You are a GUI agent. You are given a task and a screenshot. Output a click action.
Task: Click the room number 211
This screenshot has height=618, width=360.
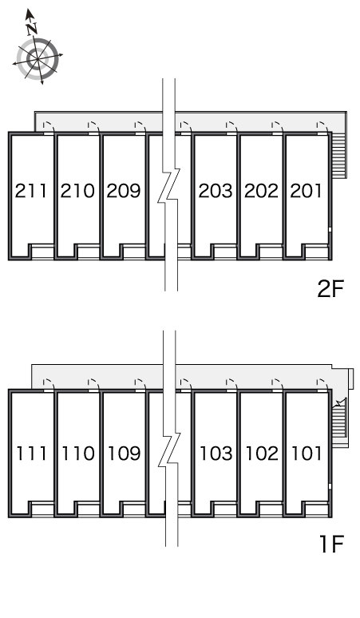(x=31, y=191)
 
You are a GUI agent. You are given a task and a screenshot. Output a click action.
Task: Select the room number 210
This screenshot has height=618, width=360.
(x=77, y=191)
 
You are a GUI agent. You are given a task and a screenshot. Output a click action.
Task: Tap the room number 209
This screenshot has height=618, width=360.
(x=124, y=191)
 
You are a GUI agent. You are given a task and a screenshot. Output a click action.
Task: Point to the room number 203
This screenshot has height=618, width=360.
(x=216, y=191)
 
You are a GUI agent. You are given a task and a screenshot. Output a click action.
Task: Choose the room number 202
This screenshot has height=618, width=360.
(x=261, y=191)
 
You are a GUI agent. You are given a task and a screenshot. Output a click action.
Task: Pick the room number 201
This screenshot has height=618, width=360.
(x=306, y=191)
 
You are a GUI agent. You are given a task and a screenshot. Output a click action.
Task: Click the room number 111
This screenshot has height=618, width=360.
(x=31, y=454)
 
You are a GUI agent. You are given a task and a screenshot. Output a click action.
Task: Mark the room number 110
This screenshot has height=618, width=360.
(x=78, y=454)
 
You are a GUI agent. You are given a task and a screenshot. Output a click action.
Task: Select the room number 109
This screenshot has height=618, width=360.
(x=124, y=454)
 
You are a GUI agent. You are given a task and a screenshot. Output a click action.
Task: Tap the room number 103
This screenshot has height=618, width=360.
(x=216, y=454)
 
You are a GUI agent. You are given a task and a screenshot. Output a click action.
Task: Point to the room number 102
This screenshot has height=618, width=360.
(x=262, y=454)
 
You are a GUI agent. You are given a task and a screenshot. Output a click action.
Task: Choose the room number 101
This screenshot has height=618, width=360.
(x=307, y=454)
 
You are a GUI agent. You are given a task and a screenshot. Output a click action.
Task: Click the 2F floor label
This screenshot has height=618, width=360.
(x=330, y=289)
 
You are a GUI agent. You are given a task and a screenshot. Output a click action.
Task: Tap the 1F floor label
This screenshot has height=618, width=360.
(x=331, y=544)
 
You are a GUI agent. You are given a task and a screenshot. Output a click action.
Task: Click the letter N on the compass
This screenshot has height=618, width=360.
(x=32, y=29)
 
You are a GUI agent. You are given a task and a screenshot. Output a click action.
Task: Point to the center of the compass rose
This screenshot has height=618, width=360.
(x=38, y=59)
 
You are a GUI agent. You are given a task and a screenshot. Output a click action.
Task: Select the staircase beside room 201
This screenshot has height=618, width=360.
(x=339, y=155)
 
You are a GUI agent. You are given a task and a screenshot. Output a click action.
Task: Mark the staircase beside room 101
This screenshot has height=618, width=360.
(x=339, y=421)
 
